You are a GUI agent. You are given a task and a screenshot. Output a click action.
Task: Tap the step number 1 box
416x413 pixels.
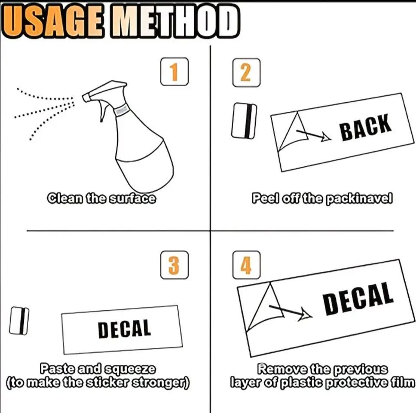tap(174, 72)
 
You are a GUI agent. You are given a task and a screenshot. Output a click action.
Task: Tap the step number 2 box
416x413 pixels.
tap(246, 72)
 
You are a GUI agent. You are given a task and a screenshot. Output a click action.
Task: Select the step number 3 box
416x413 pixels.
tap(174, 265)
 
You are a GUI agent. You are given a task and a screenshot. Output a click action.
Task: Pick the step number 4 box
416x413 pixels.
tap(246, 265)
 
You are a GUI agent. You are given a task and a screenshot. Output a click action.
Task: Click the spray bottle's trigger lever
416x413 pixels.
tap(103, 111)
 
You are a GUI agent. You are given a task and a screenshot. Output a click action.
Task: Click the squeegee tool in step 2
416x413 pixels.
tap(244, 121)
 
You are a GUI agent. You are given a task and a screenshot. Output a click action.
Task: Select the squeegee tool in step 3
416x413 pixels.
tap(19, 321)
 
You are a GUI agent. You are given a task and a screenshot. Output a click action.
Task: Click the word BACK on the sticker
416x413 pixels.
tap(366, 127)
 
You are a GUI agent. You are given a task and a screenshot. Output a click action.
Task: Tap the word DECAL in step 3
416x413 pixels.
tap(124, 329)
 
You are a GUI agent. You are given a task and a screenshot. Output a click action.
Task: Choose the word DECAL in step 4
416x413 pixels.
tap(358, 299)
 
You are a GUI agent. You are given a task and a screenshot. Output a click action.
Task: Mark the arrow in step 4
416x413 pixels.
tap(290, 312)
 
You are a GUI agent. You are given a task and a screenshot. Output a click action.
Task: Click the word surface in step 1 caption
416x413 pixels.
tap(133, 198)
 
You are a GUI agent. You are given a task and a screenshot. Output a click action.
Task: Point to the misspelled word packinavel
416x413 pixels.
tap(359, 198)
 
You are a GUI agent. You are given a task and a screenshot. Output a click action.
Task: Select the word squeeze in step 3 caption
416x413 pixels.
tap(130, 369)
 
